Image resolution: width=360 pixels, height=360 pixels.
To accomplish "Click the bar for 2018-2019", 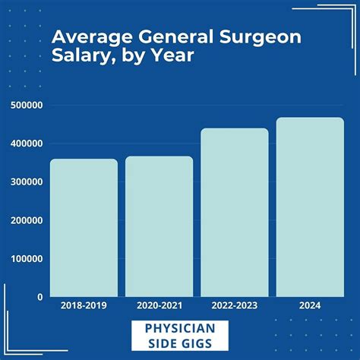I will pyautogui.click(x=84, y=228).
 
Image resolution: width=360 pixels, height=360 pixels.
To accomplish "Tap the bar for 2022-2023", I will pyautogui.click(x=234, y=213).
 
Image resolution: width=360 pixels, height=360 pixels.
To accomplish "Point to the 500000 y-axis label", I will pyautogui.click(x=26, y=105).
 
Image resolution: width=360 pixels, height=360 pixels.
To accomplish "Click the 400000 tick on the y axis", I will pyautogui.click(x=26, y=144).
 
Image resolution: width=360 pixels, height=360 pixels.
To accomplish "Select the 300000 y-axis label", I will pyautogui.click(x=26, y=182).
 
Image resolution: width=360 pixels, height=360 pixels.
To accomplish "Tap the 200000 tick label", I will pyautogui.click(x=26, y=220).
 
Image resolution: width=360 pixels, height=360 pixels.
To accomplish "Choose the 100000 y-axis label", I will pyautogui.click(x=26, y=259).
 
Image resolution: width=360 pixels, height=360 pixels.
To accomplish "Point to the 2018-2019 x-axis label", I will pyautogui.click(x=84, y=306).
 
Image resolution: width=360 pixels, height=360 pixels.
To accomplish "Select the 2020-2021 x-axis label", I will pyautogui.click(x=159, y=306).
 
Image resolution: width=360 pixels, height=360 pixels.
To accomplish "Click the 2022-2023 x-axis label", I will pyautogui.click(x=234, y=306).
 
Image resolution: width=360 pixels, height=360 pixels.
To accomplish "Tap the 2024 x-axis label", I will pyautogui.click(x=309, y=306).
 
